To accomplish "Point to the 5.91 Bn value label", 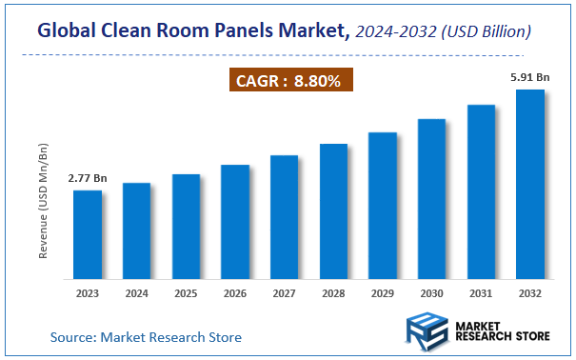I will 528,76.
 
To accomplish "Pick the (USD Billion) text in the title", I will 487,32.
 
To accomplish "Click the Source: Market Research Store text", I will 146,336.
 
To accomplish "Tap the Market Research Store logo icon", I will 425,332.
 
